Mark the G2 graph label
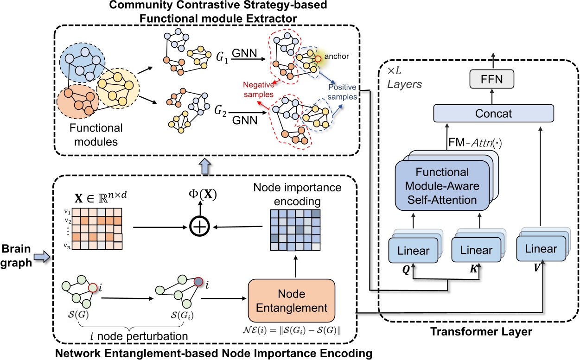point(224,111)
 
